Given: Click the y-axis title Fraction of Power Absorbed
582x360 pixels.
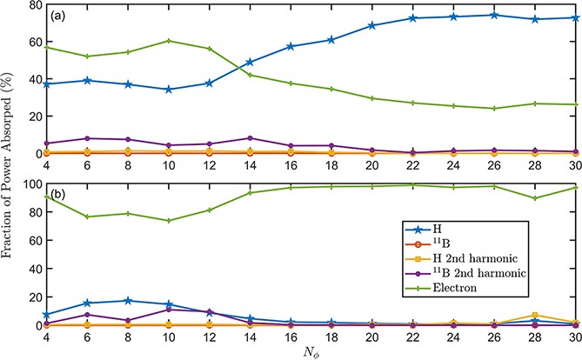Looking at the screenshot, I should (x=10, y=165).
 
